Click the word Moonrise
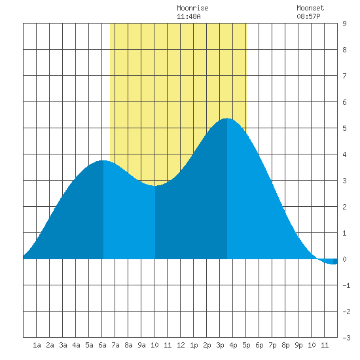point(192,8)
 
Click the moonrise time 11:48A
point(189,16)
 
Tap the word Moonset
point(310,8)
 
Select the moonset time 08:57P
point(308,16)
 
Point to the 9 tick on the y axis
point(344,24)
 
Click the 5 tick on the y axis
point(344,128)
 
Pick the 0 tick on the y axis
point(344,259)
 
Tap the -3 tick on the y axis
point(346,338)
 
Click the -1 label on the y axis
point(346,285)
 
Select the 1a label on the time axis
point(37,345)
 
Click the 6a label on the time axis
point(102,345)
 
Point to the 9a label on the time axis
point(141,345)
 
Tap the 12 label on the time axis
point(181,345)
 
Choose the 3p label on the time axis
point(220,345)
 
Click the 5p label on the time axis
point(246,345)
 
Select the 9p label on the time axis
point(298,345)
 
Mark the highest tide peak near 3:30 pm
point(227,118)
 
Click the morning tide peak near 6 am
point(103,160)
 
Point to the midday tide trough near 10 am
point(155,185)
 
